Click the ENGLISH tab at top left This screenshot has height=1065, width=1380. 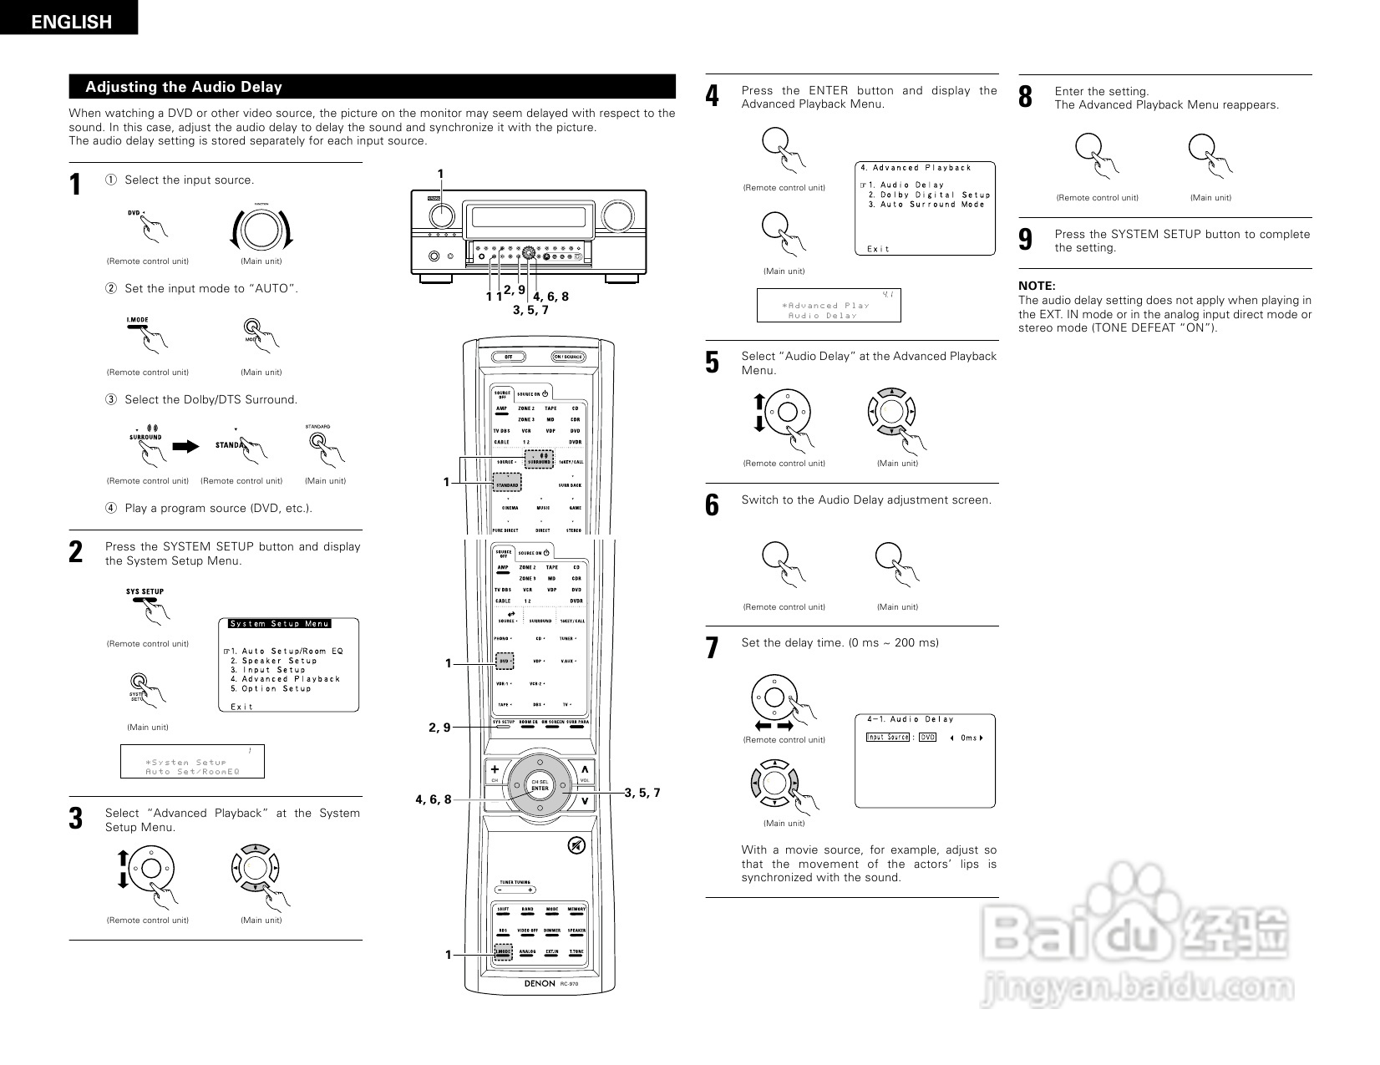[x=70, y=21]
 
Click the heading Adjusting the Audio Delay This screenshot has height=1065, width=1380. [x=184, y=87]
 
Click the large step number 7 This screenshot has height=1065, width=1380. [x=712, y=648]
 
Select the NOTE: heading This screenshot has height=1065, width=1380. [x=1037, y=286]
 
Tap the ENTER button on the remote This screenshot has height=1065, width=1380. [x=540, y=788]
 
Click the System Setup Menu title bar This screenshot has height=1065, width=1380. [x=280, y=623]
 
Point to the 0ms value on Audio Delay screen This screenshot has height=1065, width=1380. [x=969, y=738]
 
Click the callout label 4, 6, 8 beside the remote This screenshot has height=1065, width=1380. [x=434, y=799]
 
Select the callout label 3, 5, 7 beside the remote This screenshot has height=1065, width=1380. [x=642, y=793]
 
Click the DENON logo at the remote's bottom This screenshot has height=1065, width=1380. [x=540, y=983]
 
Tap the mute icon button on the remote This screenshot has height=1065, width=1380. [x=576, y=845]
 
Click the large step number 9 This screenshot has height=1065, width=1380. [x=1026, y=241]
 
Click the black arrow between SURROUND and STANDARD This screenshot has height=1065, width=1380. [x=185, y=446]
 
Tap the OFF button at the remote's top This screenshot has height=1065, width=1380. [x=508, y=357]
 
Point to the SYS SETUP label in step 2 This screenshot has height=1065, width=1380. [x=145, y=591]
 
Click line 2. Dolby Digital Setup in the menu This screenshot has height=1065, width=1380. [x=929, y=195]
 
